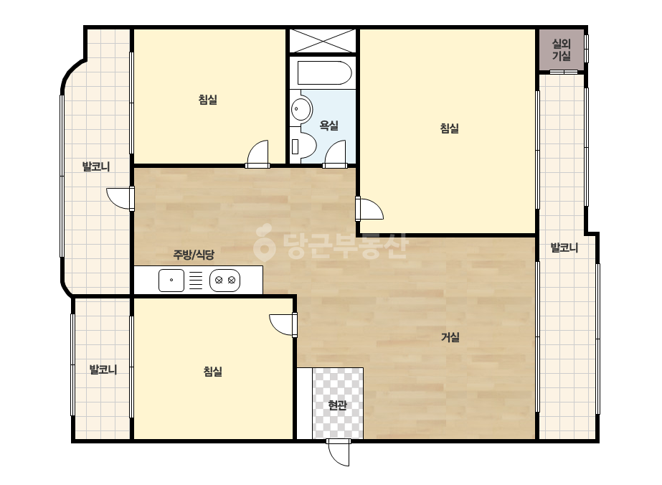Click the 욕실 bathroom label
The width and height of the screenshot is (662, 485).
click(x=329, y=126)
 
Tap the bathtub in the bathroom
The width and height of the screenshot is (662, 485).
click(x=324, y=73)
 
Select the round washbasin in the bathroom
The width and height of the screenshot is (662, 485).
click(x=301, y=108)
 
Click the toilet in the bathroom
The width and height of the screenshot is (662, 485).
click(x=303, y=146)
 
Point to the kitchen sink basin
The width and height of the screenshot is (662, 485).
click(x=171, y=280)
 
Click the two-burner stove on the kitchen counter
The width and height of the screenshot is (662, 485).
click(x=225, y=280)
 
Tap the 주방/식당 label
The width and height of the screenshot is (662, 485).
click(x=194, y=255)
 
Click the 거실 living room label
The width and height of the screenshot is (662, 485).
click(x=450, y=337)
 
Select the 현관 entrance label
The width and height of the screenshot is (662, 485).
click(x=337, y=405)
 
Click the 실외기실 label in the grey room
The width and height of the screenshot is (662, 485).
click(x=562, y=50)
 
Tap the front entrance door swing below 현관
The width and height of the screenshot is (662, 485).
click(x=339, y=453)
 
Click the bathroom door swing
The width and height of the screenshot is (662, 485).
click(x=335, y=154)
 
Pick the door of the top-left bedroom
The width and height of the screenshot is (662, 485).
click(x=257, y=154)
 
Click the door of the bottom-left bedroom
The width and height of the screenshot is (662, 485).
click(x=283, y=325)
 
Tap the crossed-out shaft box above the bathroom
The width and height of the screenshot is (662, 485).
click(x=323, y=41)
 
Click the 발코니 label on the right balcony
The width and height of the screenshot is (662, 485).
click(x=564, y=248)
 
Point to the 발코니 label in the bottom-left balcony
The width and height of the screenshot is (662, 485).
click(x=103, y=369)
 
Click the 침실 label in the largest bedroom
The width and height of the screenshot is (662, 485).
click(x=449, y=128)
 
